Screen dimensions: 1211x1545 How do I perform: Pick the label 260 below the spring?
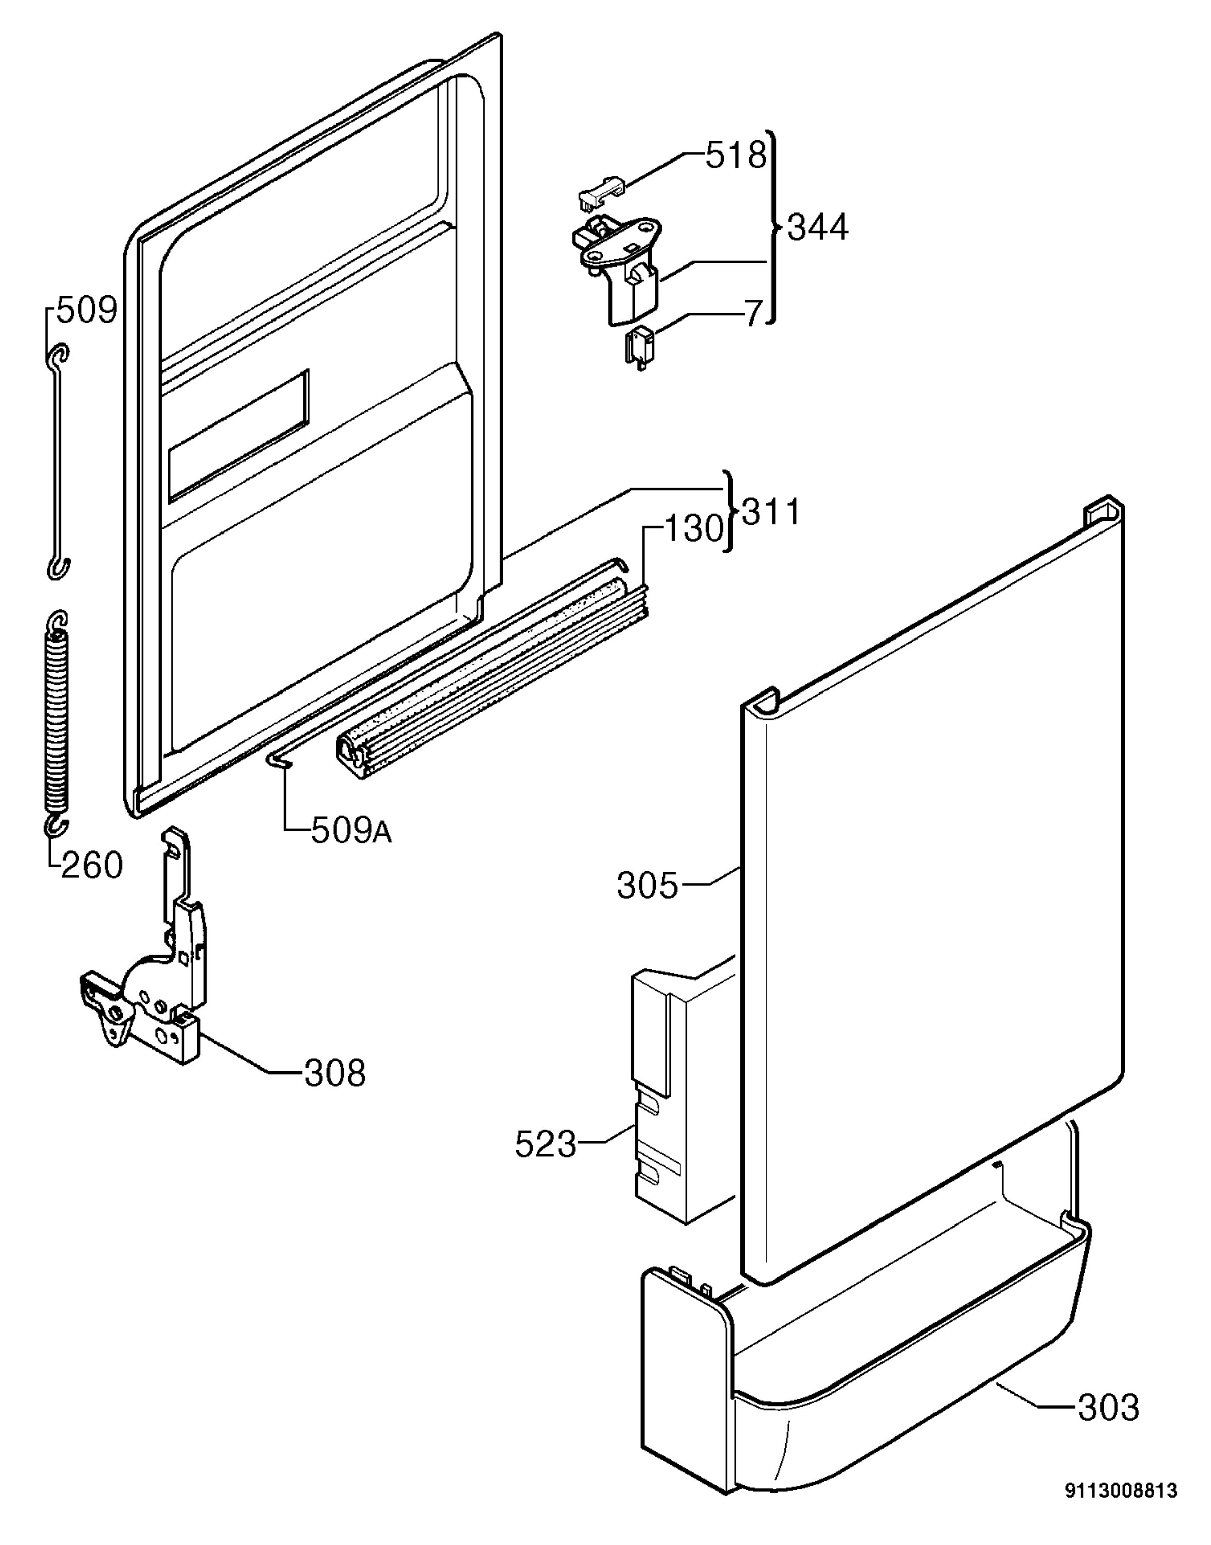pyautogui.click(x=91, y=865)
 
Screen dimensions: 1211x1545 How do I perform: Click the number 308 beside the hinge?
pyautogui.click(x=335, y=1074)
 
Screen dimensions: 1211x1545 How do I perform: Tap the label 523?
pyautogui.click(x=545, y=1144)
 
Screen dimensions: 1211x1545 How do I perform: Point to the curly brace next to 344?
pyautogui.click(x=774, y=228)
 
